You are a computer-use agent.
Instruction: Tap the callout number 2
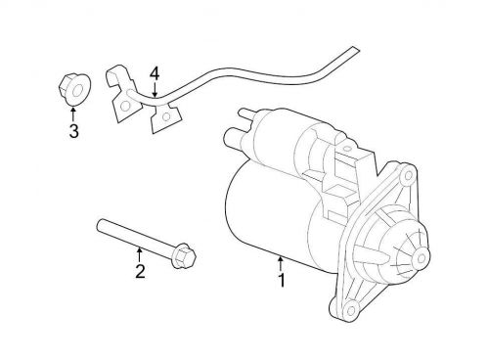coord(140,272)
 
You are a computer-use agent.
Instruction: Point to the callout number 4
coord(154,73)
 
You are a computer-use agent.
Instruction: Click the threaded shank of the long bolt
coord(133,240)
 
